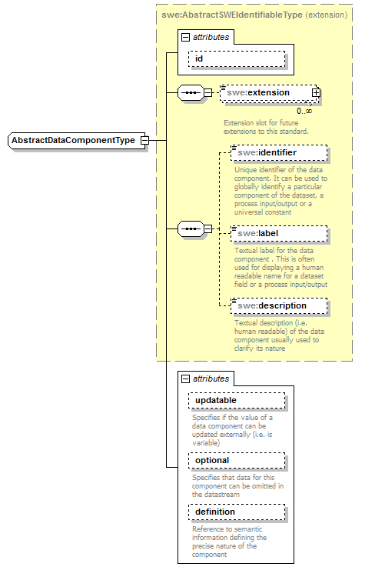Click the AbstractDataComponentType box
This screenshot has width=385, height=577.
tap(73, 141)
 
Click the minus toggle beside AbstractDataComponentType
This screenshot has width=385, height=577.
tap(144, 141)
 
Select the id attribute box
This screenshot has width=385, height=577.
tap(236, 58)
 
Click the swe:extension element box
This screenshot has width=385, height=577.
tap(267, 93)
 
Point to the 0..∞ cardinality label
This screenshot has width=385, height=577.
tap(304, 111)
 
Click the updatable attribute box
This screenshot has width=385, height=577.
tap(236, 401)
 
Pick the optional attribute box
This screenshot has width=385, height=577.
tap(236, 460)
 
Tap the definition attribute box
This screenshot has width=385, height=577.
tap(236, 512)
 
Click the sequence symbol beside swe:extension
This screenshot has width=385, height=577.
tap(189, 93)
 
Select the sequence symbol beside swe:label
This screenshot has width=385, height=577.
tap(189, 228)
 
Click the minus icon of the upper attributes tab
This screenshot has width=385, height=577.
tap(184, 37)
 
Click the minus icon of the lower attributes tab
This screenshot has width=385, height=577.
tap(184, 379)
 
